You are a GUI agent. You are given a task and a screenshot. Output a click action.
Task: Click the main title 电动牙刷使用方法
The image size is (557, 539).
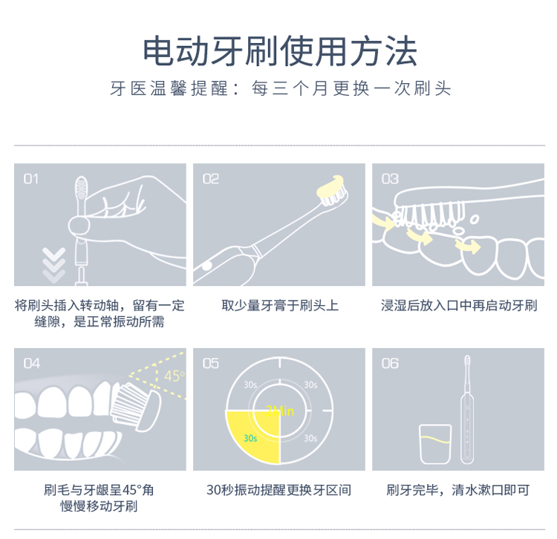(x=280, y=50)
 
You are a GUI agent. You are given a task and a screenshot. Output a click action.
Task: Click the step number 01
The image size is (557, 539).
(x=31, y=179)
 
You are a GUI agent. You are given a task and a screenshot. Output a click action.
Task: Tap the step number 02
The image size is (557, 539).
(x=211, y=179)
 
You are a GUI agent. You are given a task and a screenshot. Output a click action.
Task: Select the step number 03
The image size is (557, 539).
(x=390, y=179)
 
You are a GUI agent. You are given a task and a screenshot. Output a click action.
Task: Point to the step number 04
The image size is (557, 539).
(x=32, y=363)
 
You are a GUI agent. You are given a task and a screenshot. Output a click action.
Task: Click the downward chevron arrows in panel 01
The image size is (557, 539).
(x=53, y=265)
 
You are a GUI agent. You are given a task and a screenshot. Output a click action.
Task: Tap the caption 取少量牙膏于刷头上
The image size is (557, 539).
(x=280, y=305)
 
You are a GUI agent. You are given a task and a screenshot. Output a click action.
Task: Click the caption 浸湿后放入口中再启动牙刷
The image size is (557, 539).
(x=459, y=305)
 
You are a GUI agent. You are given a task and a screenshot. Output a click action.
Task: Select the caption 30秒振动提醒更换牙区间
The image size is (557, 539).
(x=279, y=490)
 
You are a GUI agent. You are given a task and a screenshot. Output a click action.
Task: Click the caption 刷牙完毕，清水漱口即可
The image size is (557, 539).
(x=458, y=490)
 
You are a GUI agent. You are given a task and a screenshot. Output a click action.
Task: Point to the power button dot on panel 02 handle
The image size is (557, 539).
(x=206, y=265)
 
